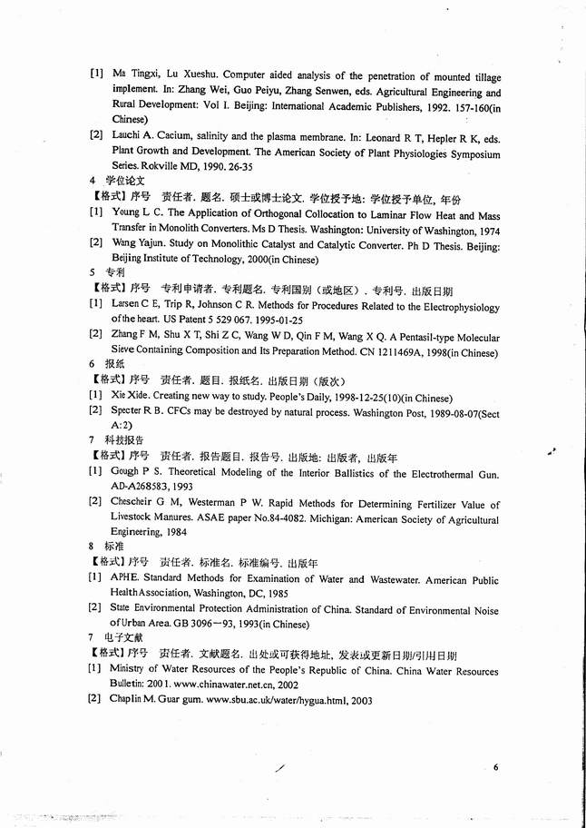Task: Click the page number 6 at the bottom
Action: (496, 767)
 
